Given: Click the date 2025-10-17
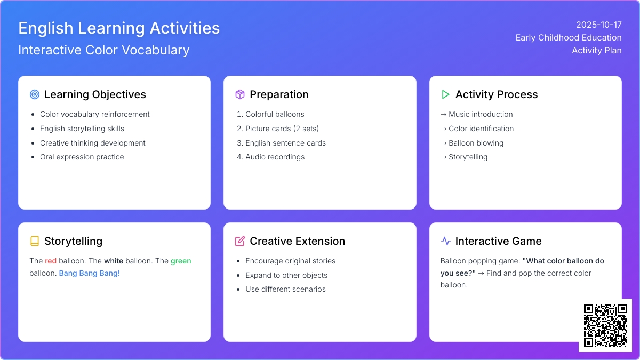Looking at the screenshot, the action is point(598,25).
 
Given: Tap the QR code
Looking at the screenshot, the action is point(605,325).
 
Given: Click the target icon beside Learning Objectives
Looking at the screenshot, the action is point(35,94).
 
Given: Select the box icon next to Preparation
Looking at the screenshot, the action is point(239,94).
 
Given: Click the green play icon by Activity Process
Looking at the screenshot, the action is point(445,94).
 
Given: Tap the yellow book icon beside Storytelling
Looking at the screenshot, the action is point(35,241).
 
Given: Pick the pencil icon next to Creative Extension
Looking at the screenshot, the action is point(239,241).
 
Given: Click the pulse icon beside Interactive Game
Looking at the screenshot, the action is point(445,241).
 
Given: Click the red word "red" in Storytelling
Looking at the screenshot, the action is point(51,261).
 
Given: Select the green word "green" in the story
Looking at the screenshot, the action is point(181,261).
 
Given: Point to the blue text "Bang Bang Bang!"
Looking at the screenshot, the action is point(90,273).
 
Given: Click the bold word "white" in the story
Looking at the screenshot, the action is point(114,261).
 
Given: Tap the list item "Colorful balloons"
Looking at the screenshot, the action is point(275,114).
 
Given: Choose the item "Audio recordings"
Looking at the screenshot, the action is point(275,157).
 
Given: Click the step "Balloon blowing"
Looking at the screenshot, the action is point(476,143).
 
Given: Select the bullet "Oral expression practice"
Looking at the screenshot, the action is point(82,157).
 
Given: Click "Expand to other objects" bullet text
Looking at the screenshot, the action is point(286,275).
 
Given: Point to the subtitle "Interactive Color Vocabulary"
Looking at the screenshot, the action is point(103,50).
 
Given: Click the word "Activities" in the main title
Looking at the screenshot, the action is point(185,28).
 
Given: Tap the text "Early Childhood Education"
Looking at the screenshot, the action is point(569,37).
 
